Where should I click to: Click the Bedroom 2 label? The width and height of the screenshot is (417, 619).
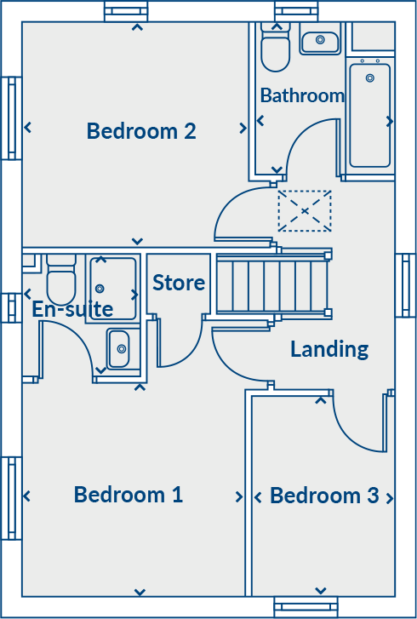pos(141,131)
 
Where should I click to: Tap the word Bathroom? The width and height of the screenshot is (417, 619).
pos(302,95)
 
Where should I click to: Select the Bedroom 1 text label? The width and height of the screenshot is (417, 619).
pos(129,495)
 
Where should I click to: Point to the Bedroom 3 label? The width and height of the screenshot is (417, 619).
pos(324,496)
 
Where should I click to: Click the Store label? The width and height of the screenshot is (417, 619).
pos(179,283)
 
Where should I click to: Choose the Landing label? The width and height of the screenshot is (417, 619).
pos(329,348)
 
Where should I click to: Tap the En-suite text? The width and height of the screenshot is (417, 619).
pos(72,309)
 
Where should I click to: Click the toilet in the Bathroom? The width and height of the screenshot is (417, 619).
pos(275,49)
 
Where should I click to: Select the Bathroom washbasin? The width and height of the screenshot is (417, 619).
pos(321,39)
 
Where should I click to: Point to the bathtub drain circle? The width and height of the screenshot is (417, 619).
pos(369,78)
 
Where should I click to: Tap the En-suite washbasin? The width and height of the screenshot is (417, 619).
pos(118,347)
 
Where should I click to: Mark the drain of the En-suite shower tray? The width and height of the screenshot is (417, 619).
pos(100,289)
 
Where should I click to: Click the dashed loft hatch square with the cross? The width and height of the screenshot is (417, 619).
pos(304,210)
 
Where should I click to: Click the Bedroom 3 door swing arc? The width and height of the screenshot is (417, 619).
pos(357,426)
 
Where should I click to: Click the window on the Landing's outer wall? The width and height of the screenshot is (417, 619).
pos(405,285)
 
